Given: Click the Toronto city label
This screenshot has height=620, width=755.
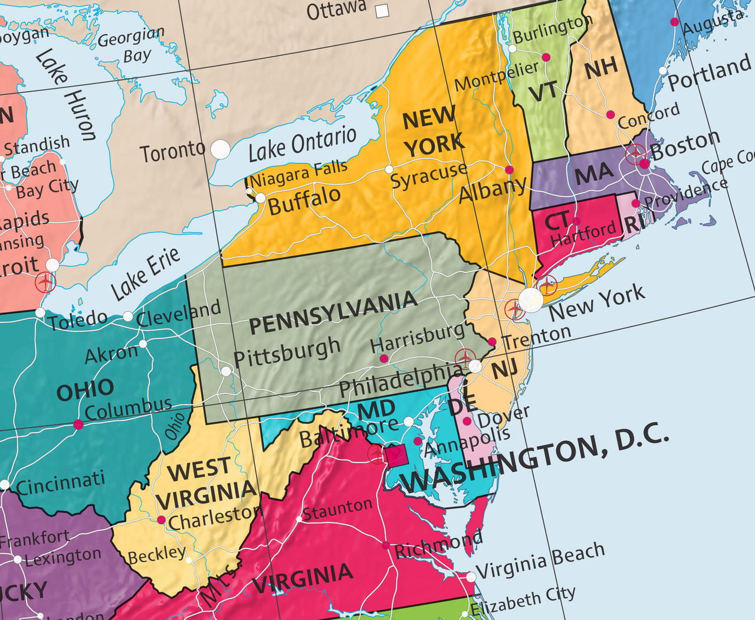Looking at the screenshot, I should (172, 152).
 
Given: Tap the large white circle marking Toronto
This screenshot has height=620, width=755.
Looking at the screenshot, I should (221, 149).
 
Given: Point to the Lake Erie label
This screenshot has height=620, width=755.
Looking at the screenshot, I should (145, 273).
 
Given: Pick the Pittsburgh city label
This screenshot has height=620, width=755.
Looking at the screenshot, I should (287, 353).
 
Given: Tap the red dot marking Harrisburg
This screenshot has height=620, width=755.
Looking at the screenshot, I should (384, 358).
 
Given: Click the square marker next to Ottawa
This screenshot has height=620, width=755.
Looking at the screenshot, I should (383, 11).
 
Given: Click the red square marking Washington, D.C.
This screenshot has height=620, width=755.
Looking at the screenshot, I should (396, 456).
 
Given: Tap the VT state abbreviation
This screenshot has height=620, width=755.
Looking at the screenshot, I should (543, 92).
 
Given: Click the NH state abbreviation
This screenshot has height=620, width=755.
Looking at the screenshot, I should (601, 68).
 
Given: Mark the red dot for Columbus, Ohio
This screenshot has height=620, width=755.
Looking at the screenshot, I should (78, 424).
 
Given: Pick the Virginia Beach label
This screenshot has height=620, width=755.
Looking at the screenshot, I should (540, 562).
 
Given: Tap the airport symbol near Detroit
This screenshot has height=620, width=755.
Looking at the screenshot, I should (45, 282).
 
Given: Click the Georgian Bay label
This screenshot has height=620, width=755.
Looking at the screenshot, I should (131, 46).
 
